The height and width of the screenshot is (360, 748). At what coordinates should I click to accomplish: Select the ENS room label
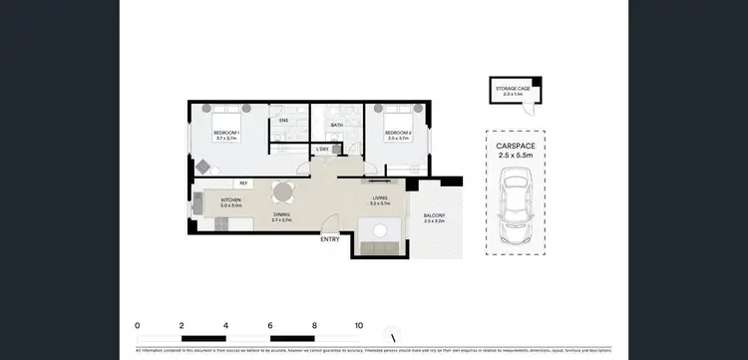[x=283, y=121]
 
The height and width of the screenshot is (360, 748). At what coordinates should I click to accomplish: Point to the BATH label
[x=337, y=125]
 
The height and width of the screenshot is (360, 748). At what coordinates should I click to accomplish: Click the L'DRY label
[x=323, y=150]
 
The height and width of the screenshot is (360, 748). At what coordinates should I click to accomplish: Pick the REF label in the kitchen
[x=243, y=183]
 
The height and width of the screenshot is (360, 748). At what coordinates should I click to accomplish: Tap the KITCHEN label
[x=231, y=200]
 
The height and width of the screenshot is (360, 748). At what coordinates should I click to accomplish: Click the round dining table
[x=283, y=192]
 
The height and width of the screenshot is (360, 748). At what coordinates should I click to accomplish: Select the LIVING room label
[x=379, y=198]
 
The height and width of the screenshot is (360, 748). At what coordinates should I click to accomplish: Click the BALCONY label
[x=434, y=216]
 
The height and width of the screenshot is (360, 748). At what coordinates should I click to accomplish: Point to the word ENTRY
[x=330, y=239]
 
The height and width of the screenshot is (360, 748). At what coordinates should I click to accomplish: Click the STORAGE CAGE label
[x=514, y=89]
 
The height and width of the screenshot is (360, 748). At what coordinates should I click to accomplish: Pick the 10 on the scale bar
[x=359, y=326]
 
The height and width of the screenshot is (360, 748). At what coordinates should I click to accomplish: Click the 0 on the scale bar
[x=137, y=326]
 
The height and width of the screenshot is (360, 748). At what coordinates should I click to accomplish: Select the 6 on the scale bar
[x=270, y=326]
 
